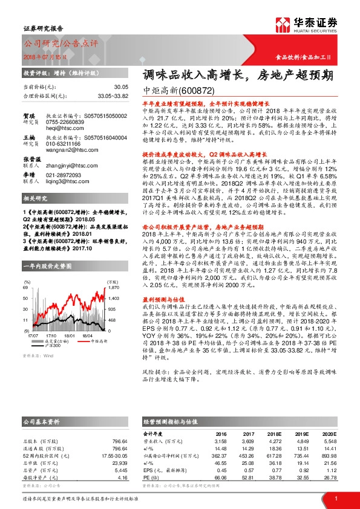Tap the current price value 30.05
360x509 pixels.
point(122,88)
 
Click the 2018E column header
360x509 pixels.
point(275,433)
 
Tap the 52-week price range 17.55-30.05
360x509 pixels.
point(113,455)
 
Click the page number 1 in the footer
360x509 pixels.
point(336,498)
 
